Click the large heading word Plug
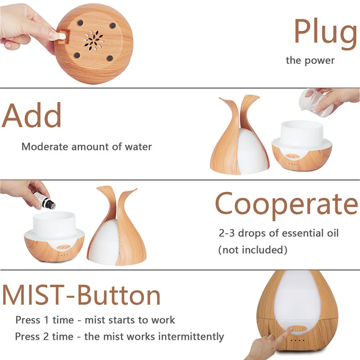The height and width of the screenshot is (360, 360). point(325,33)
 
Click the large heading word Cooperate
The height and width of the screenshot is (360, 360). point(287,203)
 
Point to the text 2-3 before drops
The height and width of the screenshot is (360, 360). point(226,233)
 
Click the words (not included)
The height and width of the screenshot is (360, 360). point(253,250)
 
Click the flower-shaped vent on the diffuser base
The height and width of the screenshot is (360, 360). point(94,40)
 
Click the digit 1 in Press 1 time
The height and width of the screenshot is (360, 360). point(46,320)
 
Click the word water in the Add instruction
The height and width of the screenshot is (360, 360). point(138,147)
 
